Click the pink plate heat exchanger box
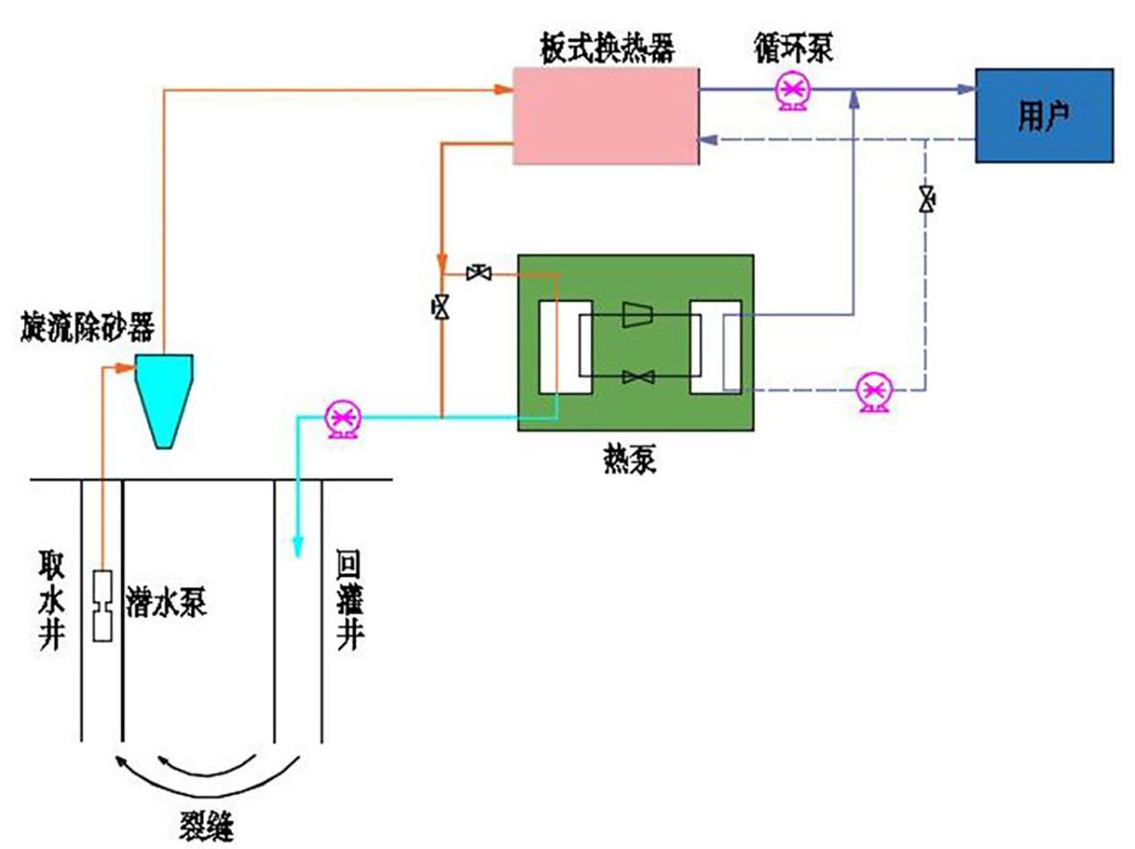[x=605, y=115]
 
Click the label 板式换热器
[x=605, y=48]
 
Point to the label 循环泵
[x=794, y=48]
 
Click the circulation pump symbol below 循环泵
[x=794, y=91]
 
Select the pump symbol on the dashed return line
[x=874, y=392]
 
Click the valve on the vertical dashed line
[x=926, y=200]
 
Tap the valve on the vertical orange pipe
[x=441, y=308]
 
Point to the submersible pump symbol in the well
[x=102, y=607]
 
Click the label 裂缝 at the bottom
[x=207, y=825]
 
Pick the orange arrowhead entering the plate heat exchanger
[x=502, y=90]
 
